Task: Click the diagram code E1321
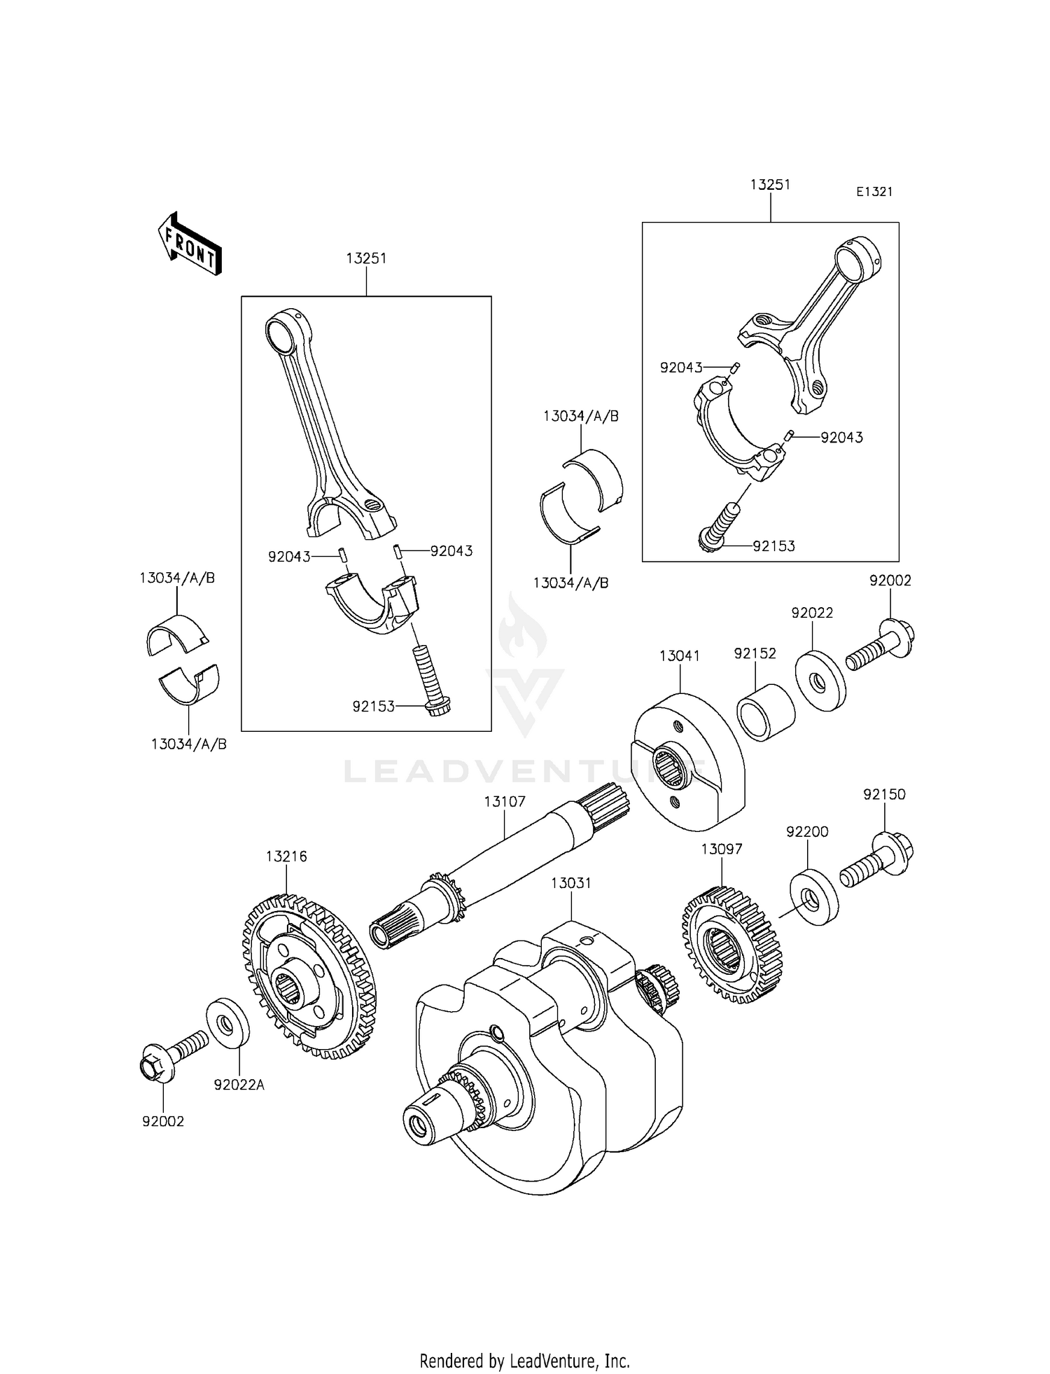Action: (874, 191)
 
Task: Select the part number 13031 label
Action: (570, 883)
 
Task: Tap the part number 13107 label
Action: (504, 800)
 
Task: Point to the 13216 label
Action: (286, 856)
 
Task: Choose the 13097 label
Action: (722, 849)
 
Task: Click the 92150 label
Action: (884, 794)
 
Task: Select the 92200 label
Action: (807, 831)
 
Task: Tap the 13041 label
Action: (679, 655)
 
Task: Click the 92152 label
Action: (755, 653)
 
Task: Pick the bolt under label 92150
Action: (877, 859)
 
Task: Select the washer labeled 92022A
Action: (227, 1025)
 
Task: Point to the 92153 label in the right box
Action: (773, 546)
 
